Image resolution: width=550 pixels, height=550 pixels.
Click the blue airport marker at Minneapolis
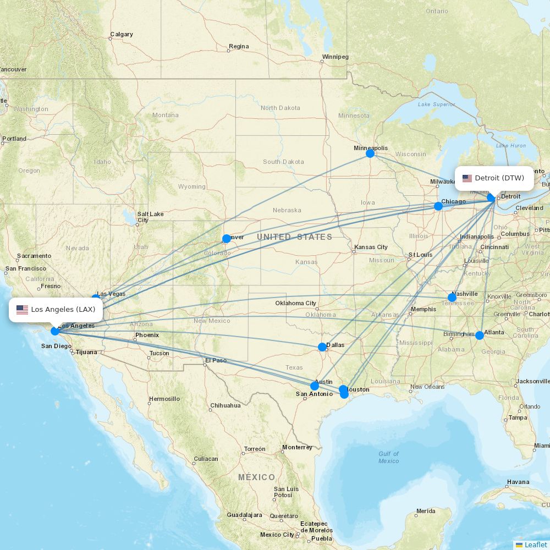point(370,153)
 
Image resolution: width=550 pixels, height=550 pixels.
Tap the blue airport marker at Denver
point(226,239)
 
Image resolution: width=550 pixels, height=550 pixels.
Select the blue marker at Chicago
point(438,206)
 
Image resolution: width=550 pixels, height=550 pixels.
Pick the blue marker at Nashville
point(452,298)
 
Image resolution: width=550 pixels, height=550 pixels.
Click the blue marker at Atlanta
point(480,335)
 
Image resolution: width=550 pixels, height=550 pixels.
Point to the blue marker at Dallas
point(322,347)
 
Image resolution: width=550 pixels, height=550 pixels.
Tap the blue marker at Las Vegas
point(96,298)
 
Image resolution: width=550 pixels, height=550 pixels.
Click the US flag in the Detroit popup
point(467,178)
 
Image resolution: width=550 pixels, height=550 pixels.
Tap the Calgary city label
point(122,34)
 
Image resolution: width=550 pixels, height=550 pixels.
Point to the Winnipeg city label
point(335,57)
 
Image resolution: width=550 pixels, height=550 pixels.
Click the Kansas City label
point(371,247)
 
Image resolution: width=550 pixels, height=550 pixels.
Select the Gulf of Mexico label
point(388,457)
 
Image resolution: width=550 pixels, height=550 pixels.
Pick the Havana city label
point(518,482)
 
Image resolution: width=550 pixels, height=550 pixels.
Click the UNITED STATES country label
point(294,237)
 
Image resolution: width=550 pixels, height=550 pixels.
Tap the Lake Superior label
point(436,104)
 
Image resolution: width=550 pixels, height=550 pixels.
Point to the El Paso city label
point(216,361)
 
